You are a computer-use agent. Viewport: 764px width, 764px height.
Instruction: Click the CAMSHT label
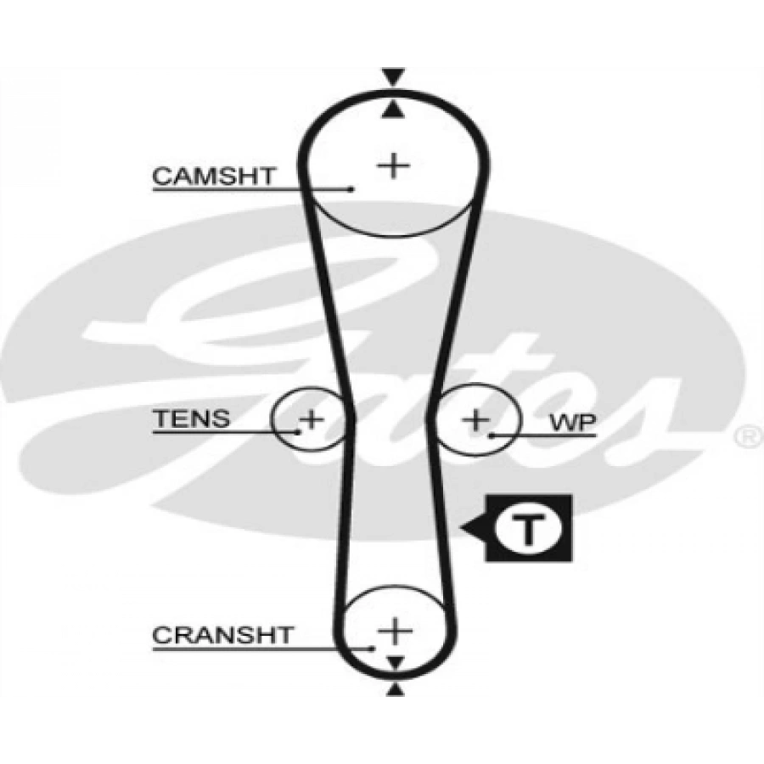point(213,176)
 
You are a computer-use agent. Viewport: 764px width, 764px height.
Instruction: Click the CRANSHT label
point(222,634)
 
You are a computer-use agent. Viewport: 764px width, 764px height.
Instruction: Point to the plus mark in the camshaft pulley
point(393,164)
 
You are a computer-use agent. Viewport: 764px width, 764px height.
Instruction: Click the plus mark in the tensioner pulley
point(312,418)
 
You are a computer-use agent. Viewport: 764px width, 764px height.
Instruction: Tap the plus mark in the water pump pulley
point(476,419)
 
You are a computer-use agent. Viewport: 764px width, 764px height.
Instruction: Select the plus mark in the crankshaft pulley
point(394,631)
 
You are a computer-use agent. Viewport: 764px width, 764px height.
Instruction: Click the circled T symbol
point(526,529)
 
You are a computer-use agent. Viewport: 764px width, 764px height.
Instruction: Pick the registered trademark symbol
point(747,436)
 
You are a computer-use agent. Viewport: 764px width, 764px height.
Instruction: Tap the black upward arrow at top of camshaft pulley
point(391,109)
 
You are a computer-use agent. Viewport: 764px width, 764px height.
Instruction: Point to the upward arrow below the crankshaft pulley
point(394,691)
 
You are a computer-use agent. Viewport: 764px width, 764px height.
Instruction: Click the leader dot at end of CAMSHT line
point(351,188)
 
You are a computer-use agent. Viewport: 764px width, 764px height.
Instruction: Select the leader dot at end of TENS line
point(299,431)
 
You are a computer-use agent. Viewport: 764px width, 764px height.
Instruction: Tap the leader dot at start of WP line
point(492,435)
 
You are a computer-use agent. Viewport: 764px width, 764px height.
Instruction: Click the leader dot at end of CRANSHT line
point(373,649)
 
